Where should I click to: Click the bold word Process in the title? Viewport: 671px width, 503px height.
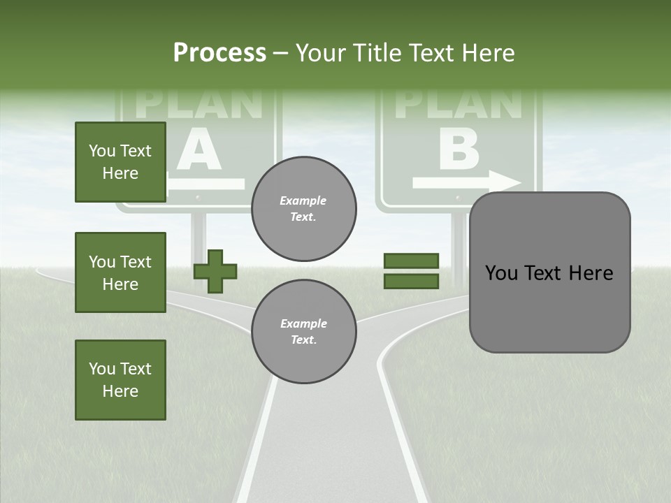(219, 53)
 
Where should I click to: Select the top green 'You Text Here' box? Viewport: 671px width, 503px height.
(120, 162)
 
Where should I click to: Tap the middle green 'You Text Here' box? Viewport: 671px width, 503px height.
(120, 272)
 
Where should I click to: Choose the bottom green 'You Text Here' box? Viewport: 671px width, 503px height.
(120, 380)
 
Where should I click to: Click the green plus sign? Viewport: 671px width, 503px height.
(215, 271)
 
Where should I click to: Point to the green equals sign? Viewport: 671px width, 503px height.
(411, 271)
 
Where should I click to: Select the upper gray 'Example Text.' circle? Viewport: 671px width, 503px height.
(303, 209)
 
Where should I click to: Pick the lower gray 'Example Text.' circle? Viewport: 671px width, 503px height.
(303, 331)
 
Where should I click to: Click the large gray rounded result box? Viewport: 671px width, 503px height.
(549, 272)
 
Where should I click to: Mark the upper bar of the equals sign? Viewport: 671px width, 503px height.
(411, 261)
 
